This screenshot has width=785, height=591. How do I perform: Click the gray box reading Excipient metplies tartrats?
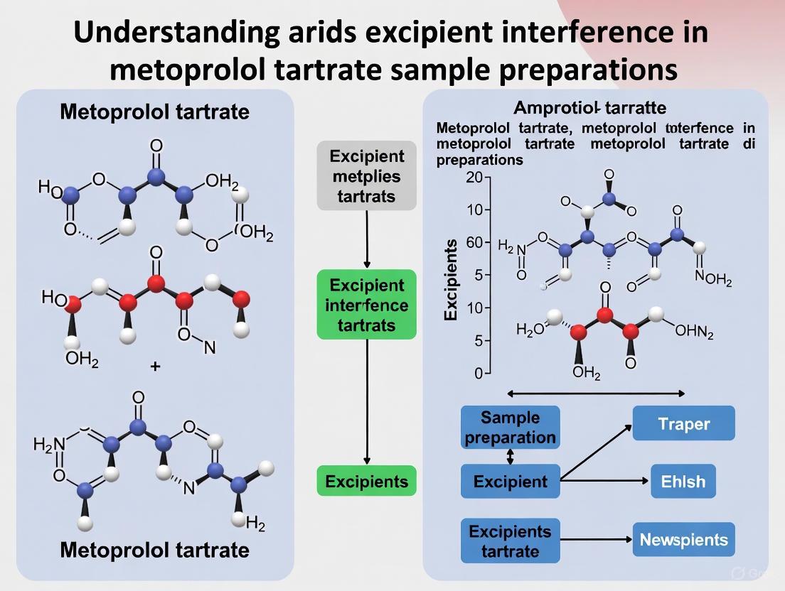(x=366, y=176)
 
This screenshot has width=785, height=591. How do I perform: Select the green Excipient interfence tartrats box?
(x=366, y=305)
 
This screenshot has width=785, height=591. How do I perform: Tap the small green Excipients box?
(x=366, y=481)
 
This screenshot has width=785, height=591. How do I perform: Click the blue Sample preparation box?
(x=510, y=428)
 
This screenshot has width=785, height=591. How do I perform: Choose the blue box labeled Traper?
(x=683, y=424)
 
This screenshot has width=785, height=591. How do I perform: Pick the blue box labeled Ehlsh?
(x=683, y=482)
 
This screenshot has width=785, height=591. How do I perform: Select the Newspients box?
(x=683, y=539)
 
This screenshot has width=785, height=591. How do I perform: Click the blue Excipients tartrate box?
(x=510, y=541)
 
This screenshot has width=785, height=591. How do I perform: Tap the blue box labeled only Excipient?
(x=510, y=482)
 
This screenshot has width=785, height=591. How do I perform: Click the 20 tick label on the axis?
(x=474, y=177)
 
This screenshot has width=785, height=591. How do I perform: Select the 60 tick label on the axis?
(x=474, y=242)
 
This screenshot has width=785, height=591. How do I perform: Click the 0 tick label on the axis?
(x=478, y=373)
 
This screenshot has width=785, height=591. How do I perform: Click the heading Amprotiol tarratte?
(x=589, y=108)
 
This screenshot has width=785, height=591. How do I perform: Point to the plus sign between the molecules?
(x=155, y=367)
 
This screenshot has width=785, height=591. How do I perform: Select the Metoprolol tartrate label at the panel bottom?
(x=154, y=550)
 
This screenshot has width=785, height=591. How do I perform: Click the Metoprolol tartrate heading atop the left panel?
(x=154, y=112)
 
